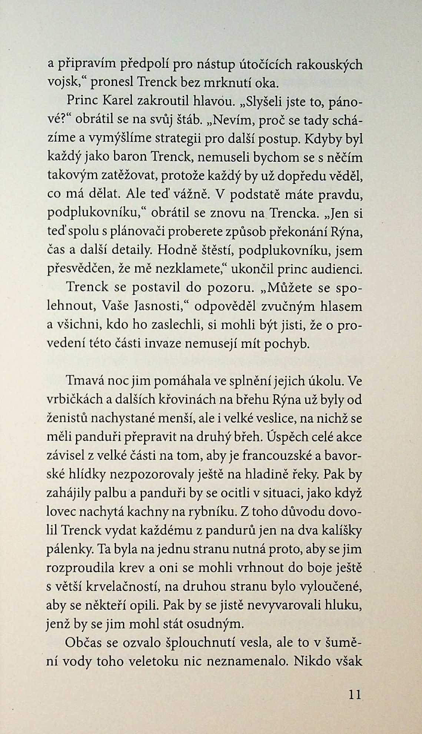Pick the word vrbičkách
point(76,400)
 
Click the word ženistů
point(66,419)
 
